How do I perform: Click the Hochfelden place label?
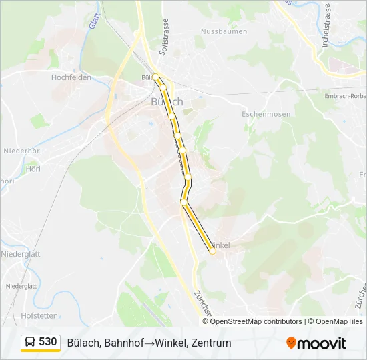[x=71, y=77]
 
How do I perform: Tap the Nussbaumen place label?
[x=224, y=31]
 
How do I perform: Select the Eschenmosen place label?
[x=266, y=114]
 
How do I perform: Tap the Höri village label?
[x=33, y=169]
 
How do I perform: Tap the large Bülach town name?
[x=167, y=101]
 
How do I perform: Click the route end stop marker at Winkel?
[x=212, y=251]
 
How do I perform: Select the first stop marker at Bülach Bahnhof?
[x=155, y=77]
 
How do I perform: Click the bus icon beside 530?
[x=31, y=343]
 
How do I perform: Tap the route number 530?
[x=48, y=342]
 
